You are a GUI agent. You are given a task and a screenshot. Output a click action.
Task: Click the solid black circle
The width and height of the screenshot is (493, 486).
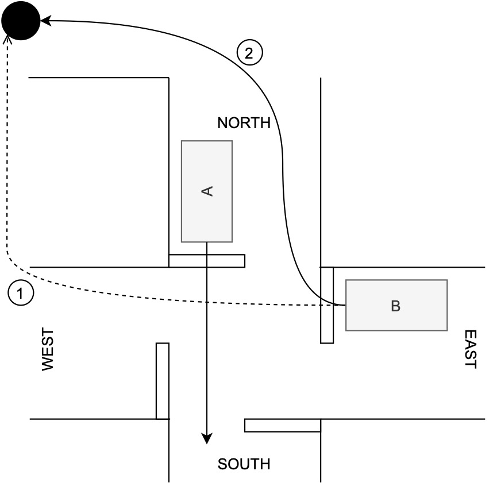[21, 21]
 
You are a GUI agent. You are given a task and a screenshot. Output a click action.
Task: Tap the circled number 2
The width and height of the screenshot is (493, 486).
[249, 53]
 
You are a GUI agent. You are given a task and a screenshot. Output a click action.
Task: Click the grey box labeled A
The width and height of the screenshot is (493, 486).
[207, 172]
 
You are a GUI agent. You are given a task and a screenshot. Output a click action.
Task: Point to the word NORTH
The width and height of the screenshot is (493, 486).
[244, 122]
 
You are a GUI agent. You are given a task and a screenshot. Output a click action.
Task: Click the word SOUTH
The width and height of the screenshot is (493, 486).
[244, 464]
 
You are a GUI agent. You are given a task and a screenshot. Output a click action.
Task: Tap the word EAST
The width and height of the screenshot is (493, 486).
[471, 349]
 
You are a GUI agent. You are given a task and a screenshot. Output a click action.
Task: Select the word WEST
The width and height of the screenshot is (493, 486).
[47, 349]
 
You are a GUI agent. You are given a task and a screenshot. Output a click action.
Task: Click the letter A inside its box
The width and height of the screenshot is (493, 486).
[207, 191]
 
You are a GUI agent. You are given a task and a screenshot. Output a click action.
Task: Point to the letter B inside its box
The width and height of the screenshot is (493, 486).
[395, 306]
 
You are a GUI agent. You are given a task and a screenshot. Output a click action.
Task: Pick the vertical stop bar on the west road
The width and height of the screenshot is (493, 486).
[163, 381]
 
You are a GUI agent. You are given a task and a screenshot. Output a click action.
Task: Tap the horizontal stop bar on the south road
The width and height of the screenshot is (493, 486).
[282, 425]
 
